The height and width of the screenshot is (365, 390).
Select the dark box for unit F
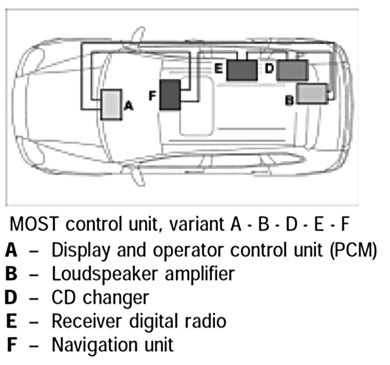coord(170,95)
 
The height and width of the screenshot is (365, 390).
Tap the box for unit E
coord(242,70)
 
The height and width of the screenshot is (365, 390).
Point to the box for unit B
coord(312,94)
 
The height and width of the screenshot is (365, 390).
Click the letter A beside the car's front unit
coord(128,105)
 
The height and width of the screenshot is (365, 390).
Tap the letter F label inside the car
coord(152,95)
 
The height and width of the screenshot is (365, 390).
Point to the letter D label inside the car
coord(270,69)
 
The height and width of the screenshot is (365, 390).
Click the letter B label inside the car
coord(290,101)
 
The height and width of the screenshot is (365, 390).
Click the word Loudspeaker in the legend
coord(97,274)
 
